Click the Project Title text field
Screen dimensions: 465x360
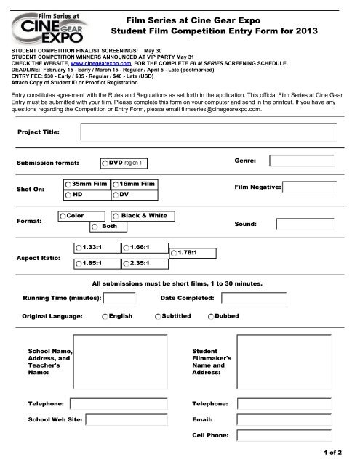[216, 133]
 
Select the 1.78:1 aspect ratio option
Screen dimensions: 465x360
[172, 252]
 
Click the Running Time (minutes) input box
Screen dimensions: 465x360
[120, 299]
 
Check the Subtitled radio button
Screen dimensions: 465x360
[158, 318]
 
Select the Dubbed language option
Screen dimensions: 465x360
[211, 318]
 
